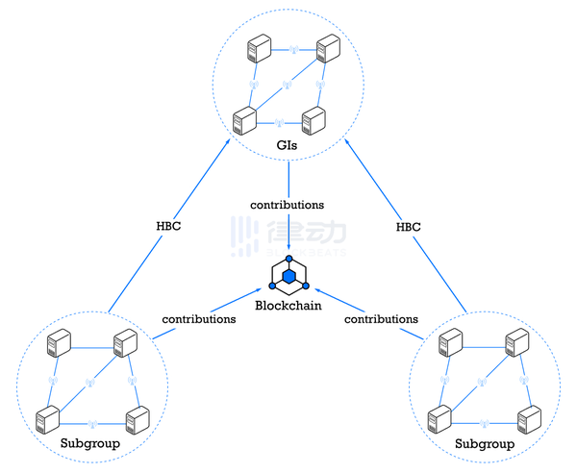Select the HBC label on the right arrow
[x=408, y=227]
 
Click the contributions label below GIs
[x=287, y=205]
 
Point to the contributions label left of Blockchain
[x=199, y=318]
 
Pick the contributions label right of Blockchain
[x=381, y=318]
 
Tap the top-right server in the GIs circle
[x=328, y=48]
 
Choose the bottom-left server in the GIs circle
[x=243, y=121]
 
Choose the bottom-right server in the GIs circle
[x=313, y=121]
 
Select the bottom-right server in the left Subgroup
[x=138, y=419]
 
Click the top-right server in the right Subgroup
[x=517, y=341]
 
